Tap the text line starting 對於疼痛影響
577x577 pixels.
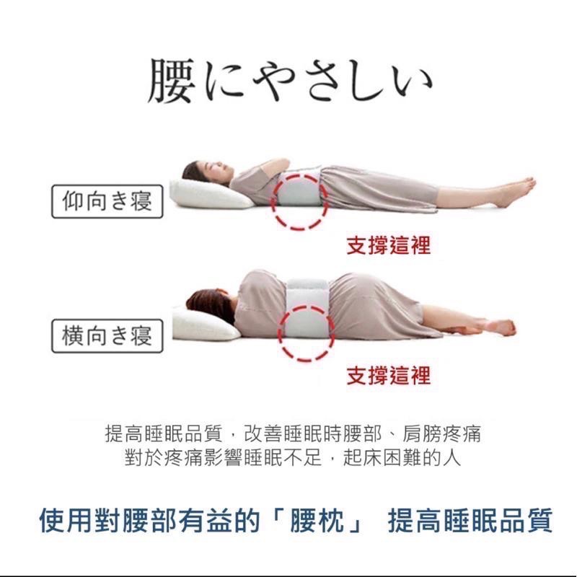pos(292,457)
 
